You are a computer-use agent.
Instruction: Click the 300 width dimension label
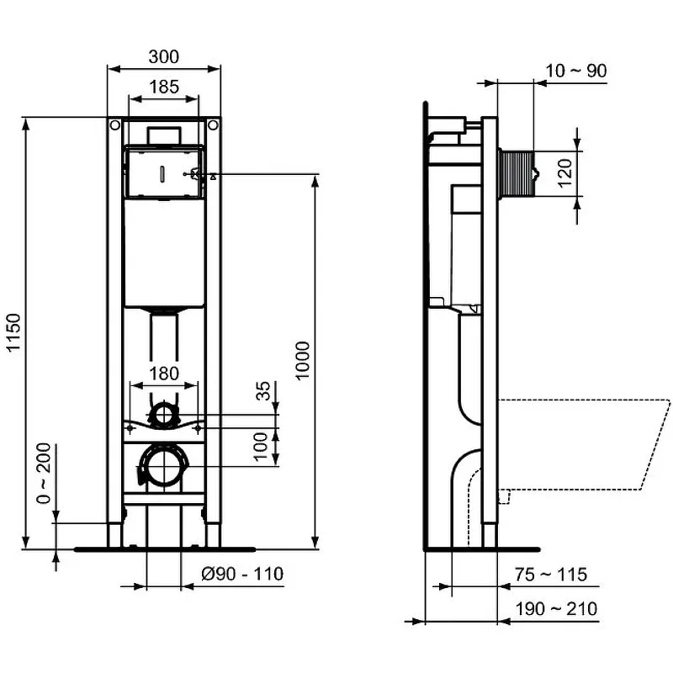coord(163,57)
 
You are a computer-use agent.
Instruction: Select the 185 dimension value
coord(163,85)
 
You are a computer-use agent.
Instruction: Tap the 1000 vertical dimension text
coord(304,360)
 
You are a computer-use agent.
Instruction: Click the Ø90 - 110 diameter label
coord(241,575)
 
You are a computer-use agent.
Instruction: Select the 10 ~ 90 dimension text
coord(575,71)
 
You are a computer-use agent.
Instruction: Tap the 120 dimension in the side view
coord(564,173)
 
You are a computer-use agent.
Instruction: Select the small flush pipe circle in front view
coord(163,414)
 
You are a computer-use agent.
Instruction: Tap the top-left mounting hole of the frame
coord(113,126)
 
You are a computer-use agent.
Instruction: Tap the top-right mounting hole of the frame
coord(214,126)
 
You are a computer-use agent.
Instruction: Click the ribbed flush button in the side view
coord(516,173)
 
